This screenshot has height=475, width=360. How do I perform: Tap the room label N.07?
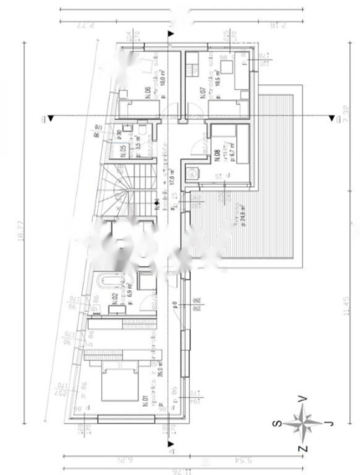click(203, 93)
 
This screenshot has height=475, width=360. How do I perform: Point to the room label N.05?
click(124, 151)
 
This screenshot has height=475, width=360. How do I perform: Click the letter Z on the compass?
click(303, 449)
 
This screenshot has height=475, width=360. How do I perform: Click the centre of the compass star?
click(304, 423)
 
